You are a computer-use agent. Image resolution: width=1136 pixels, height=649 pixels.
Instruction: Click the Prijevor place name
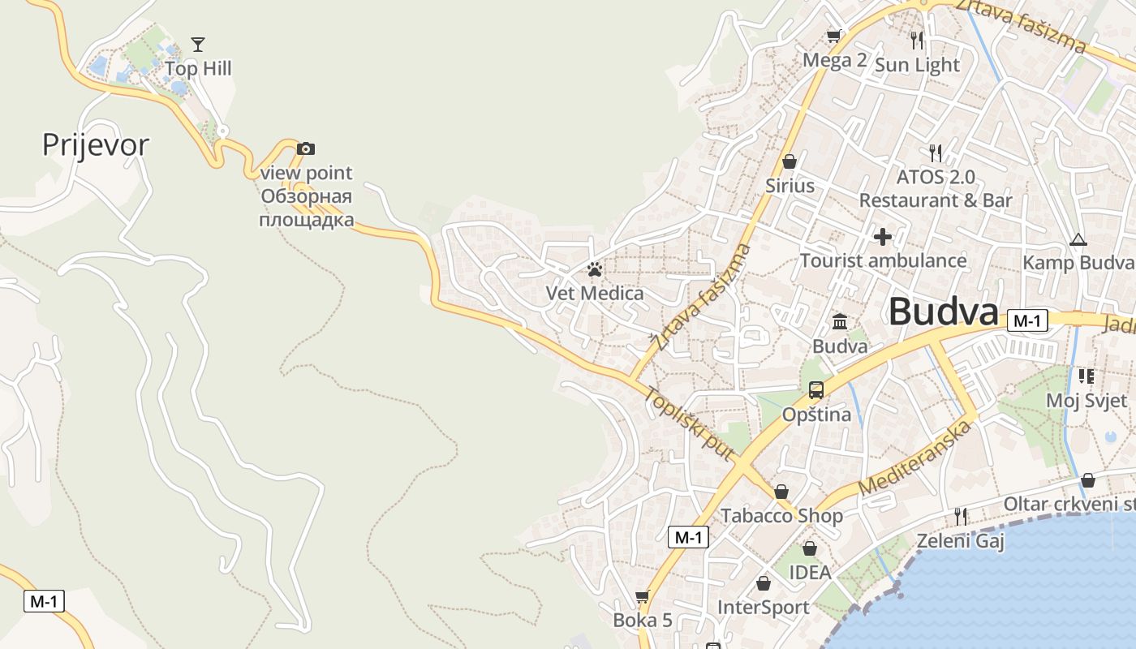pyautogui.click(x=96, y=145)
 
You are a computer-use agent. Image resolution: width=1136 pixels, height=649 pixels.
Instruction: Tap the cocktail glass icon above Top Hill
pyautogui.click(x=198, y=44)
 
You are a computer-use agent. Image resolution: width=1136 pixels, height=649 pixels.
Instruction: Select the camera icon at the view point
pyautogui.click(x=305, y=148)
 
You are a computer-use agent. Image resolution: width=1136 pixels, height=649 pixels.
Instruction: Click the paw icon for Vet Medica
pyautogui.click(x=595, y=269)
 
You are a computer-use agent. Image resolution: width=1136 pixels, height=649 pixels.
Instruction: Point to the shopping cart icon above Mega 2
pyautogui.click(x=833, y=36)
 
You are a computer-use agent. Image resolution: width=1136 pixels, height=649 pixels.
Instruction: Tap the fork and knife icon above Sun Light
pyautogui.click(x=917, y=41)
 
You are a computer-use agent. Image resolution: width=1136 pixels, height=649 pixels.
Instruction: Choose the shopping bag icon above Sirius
pyautogui.click(x=790, y=161)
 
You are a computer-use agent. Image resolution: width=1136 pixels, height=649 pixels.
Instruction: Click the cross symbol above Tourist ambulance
pyautogui.click(x=882, y=237)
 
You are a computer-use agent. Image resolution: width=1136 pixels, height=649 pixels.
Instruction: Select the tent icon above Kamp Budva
pyautogui.click(x=1078, y=239)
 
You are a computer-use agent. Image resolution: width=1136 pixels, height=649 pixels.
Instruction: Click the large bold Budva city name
pyautogui.click(x=943, y=312)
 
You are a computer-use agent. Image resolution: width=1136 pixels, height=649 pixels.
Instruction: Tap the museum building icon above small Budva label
pyautogui.click(x=840, y=322)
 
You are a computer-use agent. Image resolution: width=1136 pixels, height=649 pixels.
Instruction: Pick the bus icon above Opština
pyautogui.click(x=816, y=390)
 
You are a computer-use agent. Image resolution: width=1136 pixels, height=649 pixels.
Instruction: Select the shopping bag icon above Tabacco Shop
pyautogui.click(x=781, y=492)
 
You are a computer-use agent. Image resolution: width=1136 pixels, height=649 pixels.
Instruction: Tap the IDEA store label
pyautogui.click(x=810, y=573)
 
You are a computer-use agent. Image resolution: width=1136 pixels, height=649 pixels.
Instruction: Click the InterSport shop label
pyautogui.click(x=763, y=607)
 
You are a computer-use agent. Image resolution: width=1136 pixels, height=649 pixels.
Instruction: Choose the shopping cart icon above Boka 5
pyautogui.click(x=642, y=597)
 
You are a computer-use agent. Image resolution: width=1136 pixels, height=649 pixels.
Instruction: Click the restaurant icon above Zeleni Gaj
pyautogui.click(x=961, y=516)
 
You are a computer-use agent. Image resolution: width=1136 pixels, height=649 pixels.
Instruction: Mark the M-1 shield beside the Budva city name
pyautogui.click(x=1026, y=320)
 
